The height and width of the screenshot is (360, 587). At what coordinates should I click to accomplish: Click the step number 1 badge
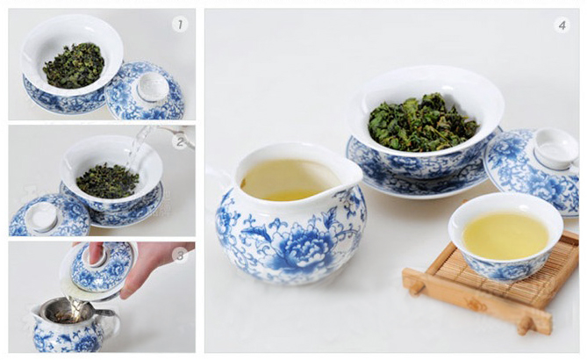coord(180,25)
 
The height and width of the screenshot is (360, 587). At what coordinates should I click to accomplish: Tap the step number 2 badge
coord(180,142)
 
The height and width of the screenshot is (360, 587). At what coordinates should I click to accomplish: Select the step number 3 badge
coord(180,256)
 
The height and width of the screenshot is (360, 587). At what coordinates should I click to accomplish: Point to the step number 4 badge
coord(562,25)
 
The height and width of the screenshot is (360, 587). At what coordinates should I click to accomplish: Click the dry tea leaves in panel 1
coord(74,66)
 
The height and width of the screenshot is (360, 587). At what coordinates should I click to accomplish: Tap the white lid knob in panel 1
coord(153,87)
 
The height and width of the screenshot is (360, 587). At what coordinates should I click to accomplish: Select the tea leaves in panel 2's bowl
coord(107,181)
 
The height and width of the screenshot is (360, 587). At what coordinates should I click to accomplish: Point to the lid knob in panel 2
coord(41,216)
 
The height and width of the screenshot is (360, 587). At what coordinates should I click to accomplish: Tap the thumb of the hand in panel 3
coord(96,252)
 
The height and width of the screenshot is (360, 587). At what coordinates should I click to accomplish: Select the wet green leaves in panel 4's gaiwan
coord(422,123)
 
